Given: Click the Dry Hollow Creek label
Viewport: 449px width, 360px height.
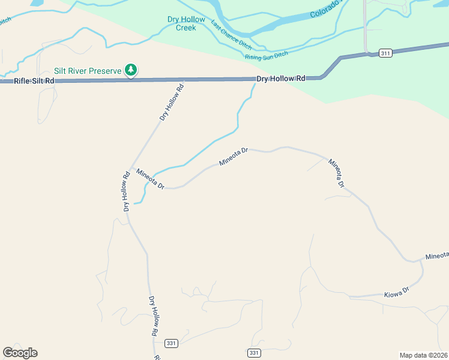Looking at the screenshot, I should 186,23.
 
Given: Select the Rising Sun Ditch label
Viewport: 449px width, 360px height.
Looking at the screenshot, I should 267,55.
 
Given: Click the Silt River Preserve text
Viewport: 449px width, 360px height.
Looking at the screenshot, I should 88,71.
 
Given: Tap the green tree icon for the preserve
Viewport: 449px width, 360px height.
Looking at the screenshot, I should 131,70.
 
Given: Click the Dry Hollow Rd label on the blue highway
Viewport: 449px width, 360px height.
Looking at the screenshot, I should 281,79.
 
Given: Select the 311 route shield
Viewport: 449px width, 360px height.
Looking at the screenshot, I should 385,53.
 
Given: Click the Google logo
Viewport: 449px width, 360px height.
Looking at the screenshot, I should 20,353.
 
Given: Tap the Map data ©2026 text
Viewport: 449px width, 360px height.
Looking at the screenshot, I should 424,355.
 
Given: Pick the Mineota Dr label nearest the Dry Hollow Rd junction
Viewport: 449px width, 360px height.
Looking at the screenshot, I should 150,179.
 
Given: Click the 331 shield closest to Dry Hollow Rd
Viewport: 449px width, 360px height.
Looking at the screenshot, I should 172,343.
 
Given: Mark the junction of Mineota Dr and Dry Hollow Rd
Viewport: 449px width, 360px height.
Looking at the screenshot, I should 131,169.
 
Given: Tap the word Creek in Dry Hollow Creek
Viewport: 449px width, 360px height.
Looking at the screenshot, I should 186,28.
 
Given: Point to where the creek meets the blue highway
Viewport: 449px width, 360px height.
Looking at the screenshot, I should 255,79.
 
